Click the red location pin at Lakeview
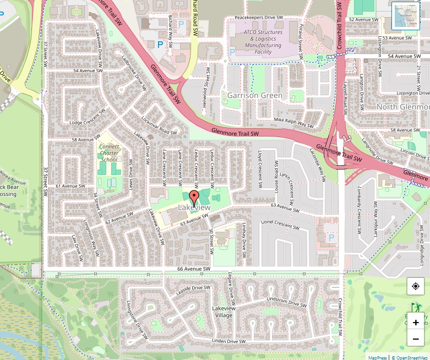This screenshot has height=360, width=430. pyautogui.click(x=194, y=198)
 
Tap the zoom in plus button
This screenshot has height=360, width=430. pyautogui.click(x=416, y=323)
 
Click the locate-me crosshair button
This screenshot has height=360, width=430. pyautogui.click(x=416, y=286)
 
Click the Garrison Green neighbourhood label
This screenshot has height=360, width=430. pyautogui.click(x=255, y=95)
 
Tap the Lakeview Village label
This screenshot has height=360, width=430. pyautogui.click(x=224, y=312)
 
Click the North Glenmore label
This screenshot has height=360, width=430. pyautogui.click(x=403, y=107)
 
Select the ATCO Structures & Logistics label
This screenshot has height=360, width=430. pyautogui.click(x=263, y=42)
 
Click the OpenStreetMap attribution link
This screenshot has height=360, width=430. pyautogui.click(x=410, y=357)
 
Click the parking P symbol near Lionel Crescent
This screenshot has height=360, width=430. pyautogui.click(x=331, y=237)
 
